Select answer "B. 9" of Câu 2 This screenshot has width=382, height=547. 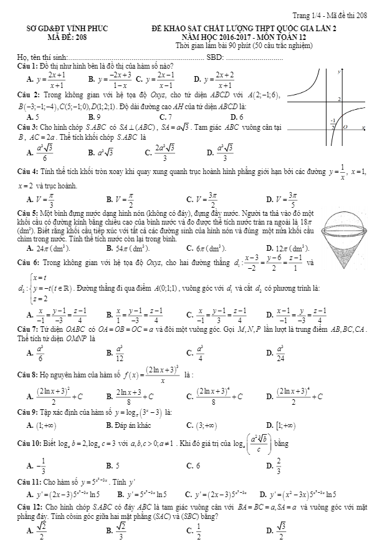[94, 117]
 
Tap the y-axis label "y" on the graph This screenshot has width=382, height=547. [339, 72]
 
